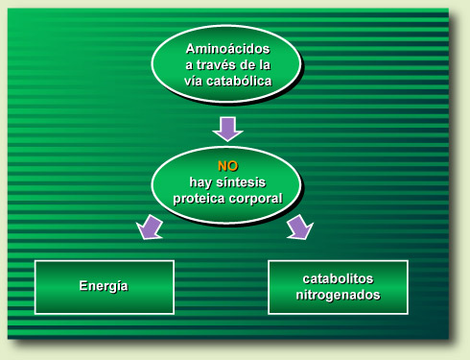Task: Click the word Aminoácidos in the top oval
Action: point(227,48)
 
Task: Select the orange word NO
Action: point(227,166)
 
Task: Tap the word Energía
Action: point(104,287)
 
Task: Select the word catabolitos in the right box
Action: point(336,278)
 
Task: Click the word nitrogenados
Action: point(337,295)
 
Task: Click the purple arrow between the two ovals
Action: point(227,128)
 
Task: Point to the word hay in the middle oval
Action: point(199,182)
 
